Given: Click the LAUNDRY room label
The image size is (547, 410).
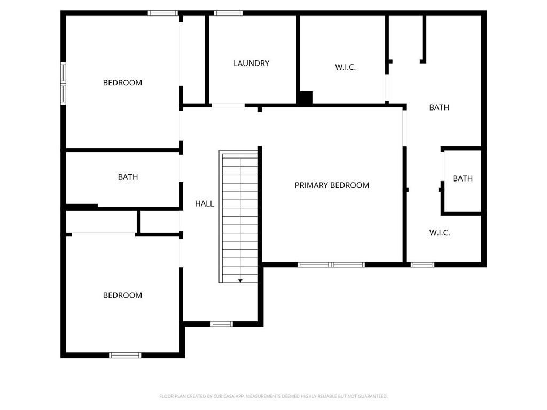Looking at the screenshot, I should tap(251, 63).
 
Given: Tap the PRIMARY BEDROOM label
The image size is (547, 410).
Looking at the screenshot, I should tap(332, 185).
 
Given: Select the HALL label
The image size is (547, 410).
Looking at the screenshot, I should tap(204, 203).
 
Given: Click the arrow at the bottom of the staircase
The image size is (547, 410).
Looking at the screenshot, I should tap(240, 280).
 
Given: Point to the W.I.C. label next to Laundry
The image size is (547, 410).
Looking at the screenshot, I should tap(345, 67).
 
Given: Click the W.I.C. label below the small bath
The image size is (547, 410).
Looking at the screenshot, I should tap(440, 233).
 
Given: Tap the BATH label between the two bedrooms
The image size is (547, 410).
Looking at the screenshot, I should tap(128, 177).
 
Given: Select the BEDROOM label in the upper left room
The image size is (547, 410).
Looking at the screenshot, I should tap(122, 83).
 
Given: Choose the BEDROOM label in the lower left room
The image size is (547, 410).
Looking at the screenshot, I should tap(122, 295).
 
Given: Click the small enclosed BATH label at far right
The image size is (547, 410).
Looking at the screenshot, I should tap(463, 178).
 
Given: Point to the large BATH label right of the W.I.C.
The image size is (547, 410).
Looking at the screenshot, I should tap(439, 107).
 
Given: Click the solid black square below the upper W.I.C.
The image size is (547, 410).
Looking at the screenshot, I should tap(306, 98).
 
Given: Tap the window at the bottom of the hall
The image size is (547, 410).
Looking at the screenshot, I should tap(221, 324).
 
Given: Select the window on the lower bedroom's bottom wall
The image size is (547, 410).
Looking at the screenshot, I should tap(125, 355).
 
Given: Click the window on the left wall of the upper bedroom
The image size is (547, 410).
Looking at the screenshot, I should tap(63, 82).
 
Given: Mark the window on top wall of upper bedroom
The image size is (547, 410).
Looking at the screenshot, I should tap(163, 13).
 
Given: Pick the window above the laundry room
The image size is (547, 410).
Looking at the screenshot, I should tap(228, 13).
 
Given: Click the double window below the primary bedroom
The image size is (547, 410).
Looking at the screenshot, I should tap(331, 264).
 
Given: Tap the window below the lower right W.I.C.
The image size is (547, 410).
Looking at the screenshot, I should tap(423, 264).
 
